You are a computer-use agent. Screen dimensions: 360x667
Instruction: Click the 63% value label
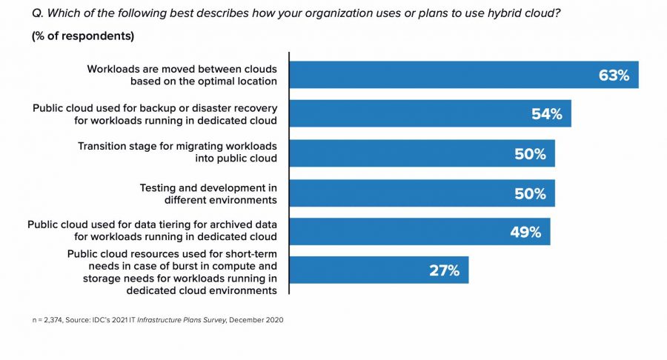[614, 75]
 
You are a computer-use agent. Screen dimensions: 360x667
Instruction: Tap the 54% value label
[547, 114]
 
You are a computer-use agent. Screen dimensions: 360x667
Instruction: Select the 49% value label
[525, 232]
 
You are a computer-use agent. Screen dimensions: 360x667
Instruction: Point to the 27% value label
[445, 270]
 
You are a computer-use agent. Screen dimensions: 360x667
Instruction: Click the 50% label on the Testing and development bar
[531, 193]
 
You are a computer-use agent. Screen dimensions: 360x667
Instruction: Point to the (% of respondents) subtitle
[82, 36]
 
